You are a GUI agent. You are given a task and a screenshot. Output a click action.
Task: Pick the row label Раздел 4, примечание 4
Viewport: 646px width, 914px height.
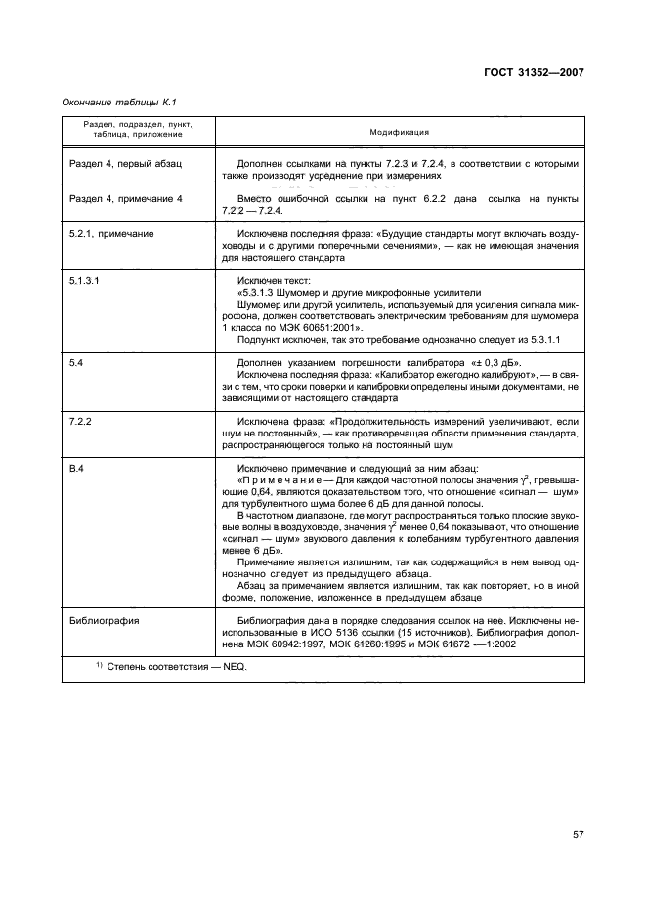click(x=127, y=199)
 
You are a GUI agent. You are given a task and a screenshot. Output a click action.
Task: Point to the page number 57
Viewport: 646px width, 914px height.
click(x=579, y=834)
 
